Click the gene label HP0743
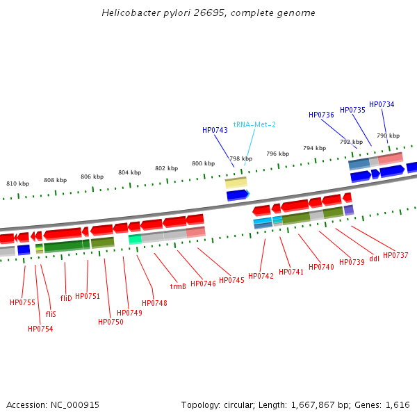[215, 130]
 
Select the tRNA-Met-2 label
[254, 124]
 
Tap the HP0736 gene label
[321, 115]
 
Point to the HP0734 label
[382, 104]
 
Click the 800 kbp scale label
[204, 163]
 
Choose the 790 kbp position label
[388, 136]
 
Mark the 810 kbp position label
[17, 183]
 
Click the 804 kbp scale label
[129, 172]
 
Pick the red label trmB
[178, 286]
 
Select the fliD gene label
[66, 297]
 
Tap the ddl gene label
[374, 259]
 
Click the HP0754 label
[40, 329]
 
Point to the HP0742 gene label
[261, 276]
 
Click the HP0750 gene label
[111, 322]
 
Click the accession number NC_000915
[75, 404]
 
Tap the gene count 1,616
[396, 404]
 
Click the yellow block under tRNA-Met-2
[236, 183]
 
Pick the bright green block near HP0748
[135, 239]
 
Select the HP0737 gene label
[395, 255]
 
